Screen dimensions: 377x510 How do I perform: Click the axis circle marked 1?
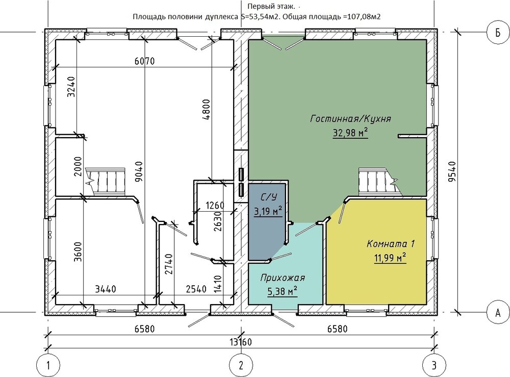coord(49,365)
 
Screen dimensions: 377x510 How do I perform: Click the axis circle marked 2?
coord(241,365)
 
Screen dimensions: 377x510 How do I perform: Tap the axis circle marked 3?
coord(435,365)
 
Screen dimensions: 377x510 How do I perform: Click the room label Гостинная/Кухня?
coord(350,118)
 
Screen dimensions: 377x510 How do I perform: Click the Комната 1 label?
coord(390,244)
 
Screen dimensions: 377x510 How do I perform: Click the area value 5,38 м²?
coord(282,292)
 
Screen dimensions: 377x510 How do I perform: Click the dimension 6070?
coord(144,61)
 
